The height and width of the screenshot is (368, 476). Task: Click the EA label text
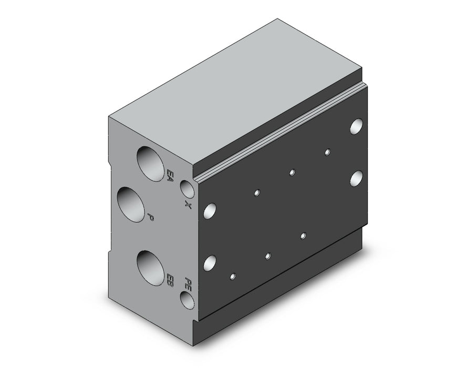point(170,176)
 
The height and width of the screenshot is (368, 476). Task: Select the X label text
point(188,205)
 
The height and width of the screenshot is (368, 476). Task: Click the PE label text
point(188,283)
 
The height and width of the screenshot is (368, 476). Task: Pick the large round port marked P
point(130,205)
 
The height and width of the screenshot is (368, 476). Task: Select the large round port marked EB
point(150,268)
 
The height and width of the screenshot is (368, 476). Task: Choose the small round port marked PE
point(187,300)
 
